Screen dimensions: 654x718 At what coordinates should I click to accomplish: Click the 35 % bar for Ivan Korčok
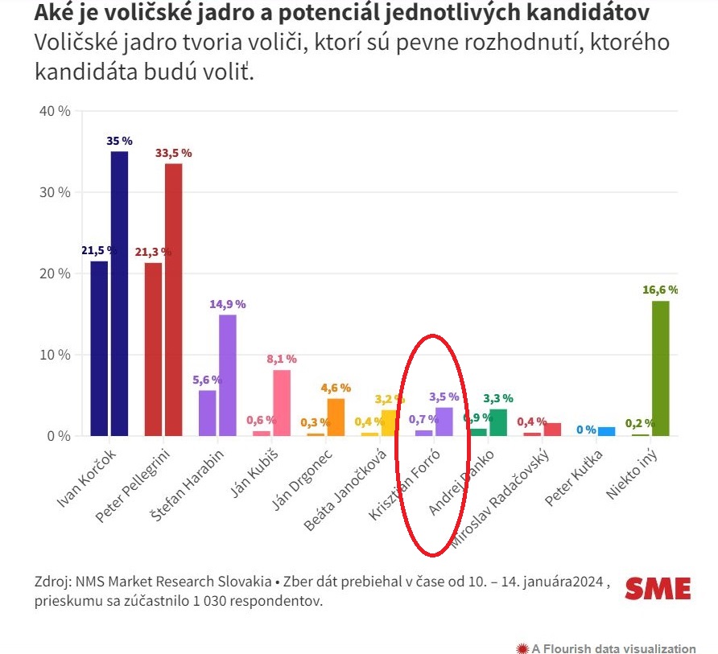(x=119, y=294)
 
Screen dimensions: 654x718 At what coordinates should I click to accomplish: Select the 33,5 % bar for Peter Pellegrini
(x=173, y=299)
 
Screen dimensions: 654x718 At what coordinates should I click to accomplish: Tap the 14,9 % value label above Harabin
(x=228, y=304)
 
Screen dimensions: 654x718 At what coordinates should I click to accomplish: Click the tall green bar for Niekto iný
(x=661, y=368)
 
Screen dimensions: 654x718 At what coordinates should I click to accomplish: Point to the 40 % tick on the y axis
(x=55, y=111)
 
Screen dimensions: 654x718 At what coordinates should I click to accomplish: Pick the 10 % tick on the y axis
(x=55, y=355)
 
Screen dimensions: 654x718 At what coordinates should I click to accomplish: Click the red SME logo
(x=658, y=589)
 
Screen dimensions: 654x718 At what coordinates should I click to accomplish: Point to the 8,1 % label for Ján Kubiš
(x=282, y=359)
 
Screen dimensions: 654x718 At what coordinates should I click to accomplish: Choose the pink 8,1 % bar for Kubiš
(x=282, y=402)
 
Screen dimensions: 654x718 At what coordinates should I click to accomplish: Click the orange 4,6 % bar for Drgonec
(x=336, y=417)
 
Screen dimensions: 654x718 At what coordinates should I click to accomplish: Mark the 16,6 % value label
(x=661, y=290)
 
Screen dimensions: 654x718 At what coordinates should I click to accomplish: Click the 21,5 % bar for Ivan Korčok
(x=99, y=348)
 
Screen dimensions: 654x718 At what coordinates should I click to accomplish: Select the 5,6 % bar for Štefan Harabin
(x=207, y=413)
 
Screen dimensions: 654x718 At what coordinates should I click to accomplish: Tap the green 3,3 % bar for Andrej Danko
(x=498, y=422)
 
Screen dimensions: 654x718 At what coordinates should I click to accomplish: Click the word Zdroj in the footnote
(x=51, y=582)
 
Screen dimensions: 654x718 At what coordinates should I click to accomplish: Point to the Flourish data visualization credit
(x=606, y=648)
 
